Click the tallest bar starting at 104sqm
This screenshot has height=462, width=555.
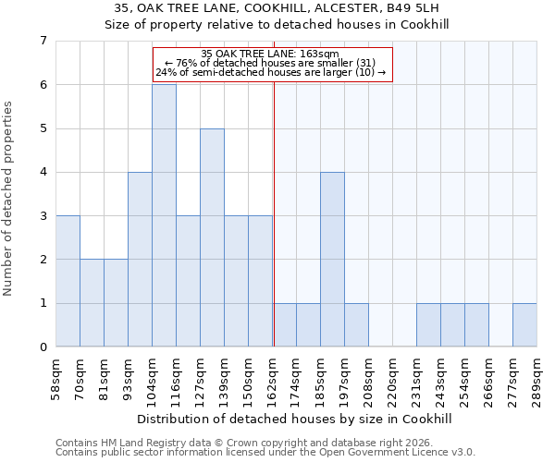pos(164,215)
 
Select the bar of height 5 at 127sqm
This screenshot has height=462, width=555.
pos(212,237)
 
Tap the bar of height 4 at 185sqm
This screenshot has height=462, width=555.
pos(332,260)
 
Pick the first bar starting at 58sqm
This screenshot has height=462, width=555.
pos(68,281)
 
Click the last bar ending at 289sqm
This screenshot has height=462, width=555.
pos(524,325)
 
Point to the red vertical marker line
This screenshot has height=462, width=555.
pos(274,213)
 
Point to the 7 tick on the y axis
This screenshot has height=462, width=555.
pos(43,41)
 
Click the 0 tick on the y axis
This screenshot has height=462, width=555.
pos(43,347)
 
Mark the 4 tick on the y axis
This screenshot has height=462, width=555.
pos(43,172)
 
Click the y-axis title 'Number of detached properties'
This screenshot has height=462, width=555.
pos(9,199)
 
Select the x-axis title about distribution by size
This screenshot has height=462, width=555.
pos(296,419)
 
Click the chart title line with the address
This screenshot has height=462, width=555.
pos(296,8)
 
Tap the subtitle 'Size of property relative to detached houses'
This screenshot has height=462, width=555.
pos(296,25)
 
